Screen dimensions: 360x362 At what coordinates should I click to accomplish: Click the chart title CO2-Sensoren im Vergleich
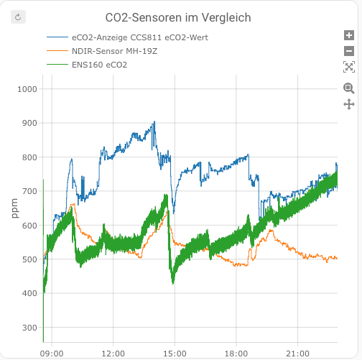coord(178,17)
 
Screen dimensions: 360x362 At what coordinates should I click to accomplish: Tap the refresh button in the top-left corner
coord(19,16)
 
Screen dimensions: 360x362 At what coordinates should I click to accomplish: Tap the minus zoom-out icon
coord(349,51)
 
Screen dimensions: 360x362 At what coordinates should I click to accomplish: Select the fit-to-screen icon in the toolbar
coord(349,67)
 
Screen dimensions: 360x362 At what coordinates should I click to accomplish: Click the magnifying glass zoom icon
coord(349,88)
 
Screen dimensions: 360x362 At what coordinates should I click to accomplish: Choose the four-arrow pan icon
coord(349,104)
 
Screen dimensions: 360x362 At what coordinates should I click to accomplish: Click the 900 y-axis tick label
coord(29,123)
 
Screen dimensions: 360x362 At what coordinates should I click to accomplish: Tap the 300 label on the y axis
coord(29,328)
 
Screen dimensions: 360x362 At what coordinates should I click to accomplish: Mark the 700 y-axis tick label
coord(29,191)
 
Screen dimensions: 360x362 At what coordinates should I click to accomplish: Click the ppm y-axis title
coord(15,208)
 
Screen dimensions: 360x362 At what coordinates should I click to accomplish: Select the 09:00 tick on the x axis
coord(52,354)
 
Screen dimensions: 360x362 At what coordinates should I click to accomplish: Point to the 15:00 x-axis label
coord(175,354)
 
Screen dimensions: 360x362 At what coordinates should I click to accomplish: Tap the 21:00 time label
coord(297,354)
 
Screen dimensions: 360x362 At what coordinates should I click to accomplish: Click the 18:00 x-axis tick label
coord(236,354)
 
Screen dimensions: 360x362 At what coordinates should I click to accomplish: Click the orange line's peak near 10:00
coord(73,205)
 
